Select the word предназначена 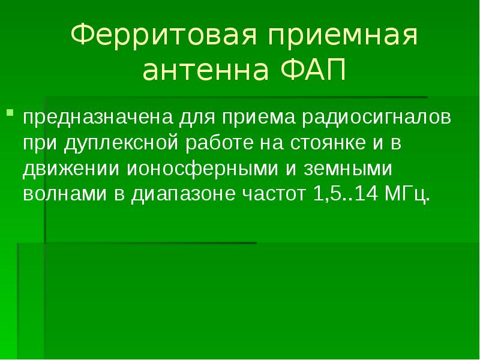pyautogui.click(x=82, y=118)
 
